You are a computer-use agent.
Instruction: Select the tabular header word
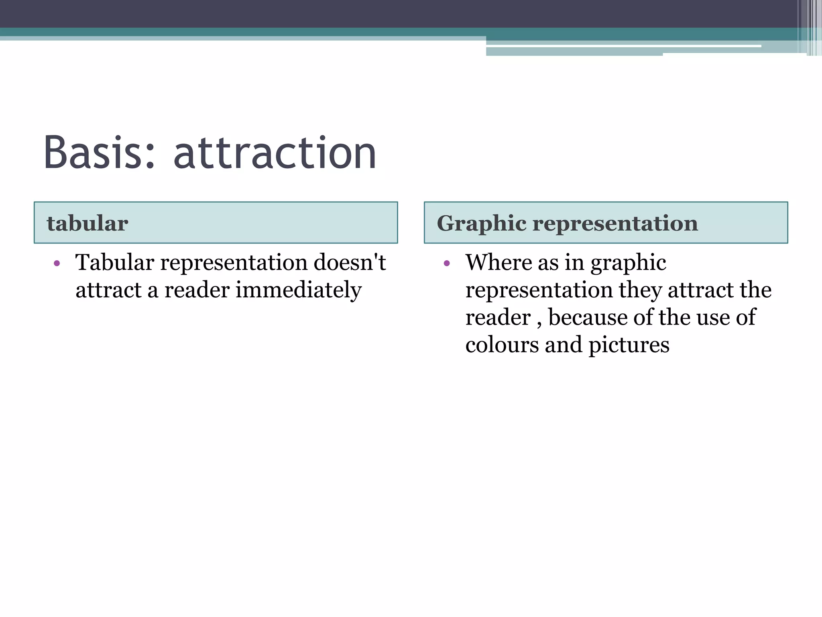coord(87,223)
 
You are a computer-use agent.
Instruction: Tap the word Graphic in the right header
coord(481,223)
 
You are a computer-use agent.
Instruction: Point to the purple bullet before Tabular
coord(57,264)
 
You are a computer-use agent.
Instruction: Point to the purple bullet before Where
coord(447,264)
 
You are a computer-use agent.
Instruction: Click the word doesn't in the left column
coord(349,263)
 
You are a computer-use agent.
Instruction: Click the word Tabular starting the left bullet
coord(115,263)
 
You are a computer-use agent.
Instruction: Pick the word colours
coord(502,345)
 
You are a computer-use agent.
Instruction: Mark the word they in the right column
coord(640,290)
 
